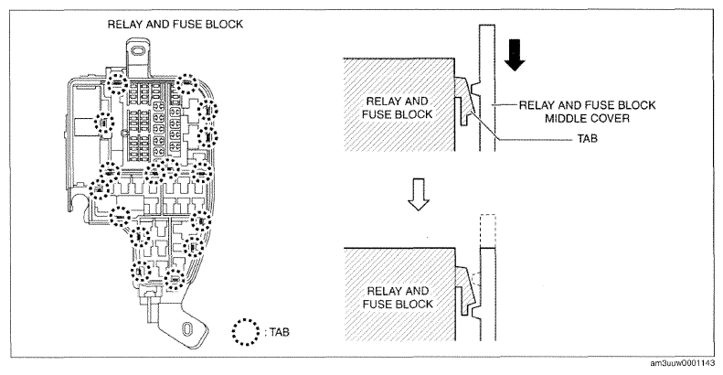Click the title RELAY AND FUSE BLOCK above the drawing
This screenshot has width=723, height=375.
[175, 24]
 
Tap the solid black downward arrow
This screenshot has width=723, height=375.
[515, 55]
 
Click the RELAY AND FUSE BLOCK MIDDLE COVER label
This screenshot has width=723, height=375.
[587, 112]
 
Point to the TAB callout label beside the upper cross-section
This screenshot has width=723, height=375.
[587, 138]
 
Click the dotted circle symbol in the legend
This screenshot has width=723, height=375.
[246, 332]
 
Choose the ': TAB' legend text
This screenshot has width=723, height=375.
[278, 332]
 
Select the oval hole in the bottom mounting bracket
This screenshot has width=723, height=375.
[187, 329]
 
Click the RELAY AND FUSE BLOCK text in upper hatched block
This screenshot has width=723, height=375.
[397, 108]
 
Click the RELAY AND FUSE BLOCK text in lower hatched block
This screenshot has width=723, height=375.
[398, 297]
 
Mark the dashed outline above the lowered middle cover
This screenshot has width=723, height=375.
[487, 231]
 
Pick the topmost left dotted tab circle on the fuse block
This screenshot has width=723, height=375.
[116, 84]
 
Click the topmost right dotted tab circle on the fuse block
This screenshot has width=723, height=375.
[187, 83]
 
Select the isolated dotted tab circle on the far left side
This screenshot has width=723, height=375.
[104, 123]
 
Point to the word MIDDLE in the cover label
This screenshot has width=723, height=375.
[562, 119]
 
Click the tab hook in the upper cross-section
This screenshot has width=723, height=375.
[467, 100]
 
